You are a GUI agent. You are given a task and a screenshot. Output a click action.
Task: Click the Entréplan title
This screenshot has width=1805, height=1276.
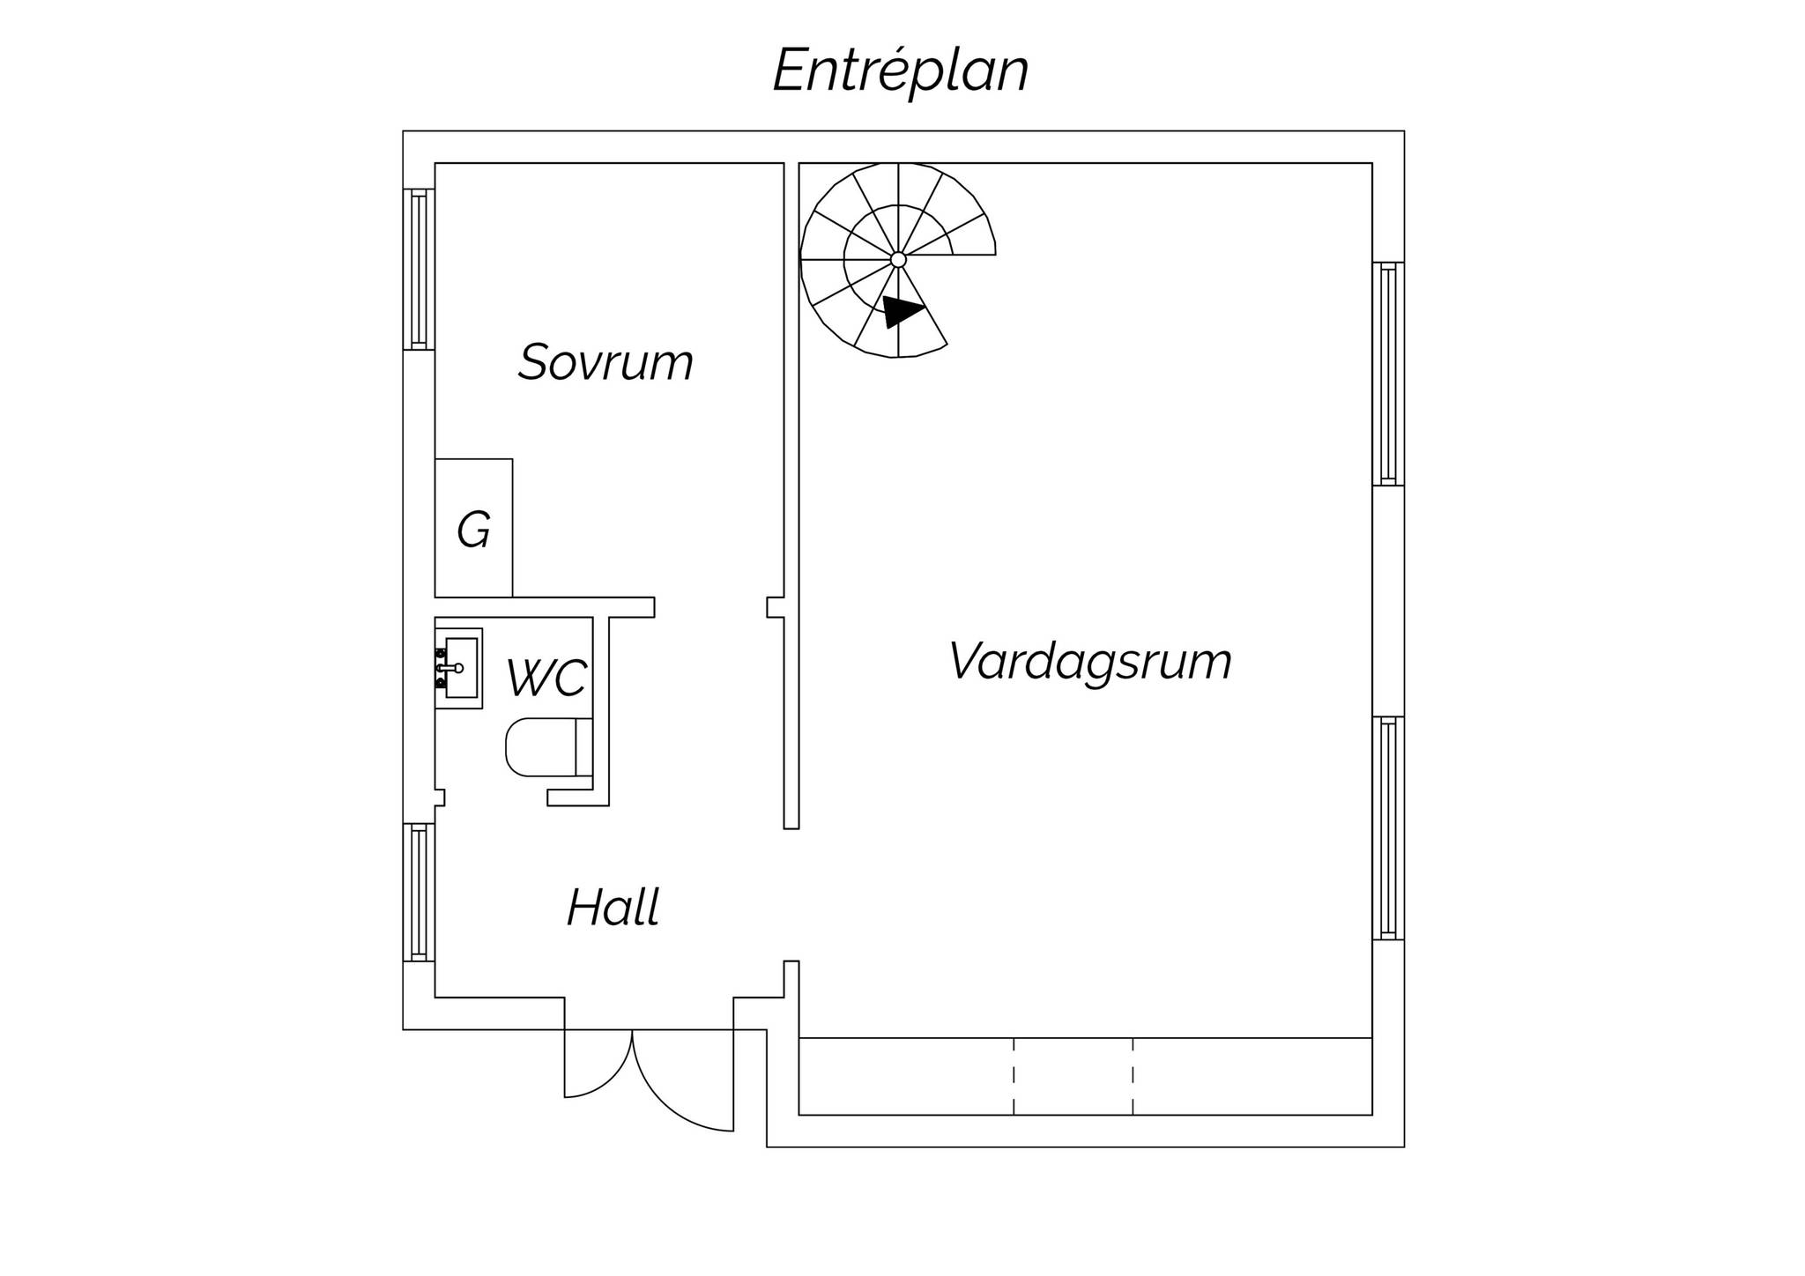901,70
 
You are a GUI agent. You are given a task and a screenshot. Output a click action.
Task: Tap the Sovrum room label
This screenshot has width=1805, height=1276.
605,362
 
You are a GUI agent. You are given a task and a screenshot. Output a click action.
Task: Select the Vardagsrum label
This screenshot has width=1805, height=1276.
1090,661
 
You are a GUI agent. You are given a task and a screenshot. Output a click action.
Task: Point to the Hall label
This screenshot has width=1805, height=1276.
613,908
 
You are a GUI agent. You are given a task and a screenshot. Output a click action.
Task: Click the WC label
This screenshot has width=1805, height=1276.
546,678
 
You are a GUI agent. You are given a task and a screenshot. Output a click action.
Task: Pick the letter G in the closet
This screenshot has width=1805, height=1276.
473,530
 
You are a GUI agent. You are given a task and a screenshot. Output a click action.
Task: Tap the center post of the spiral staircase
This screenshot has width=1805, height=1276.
898,259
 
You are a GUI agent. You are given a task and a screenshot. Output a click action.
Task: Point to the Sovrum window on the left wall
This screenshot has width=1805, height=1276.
419,269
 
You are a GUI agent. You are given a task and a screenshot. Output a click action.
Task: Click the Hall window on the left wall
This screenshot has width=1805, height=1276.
419,892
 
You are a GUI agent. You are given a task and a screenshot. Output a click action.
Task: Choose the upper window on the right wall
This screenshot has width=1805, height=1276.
1388,374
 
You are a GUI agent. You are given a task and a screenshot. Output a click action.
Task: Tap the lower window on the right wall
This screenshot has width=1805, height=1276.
1388,828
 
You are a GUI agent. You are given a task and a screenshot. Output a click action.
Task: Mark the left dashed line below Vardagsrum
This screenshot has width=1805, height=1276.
1014,1076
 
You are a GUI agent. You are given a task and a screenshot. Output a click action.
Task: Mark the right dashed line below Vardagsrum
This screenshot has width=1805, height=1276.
1133,1076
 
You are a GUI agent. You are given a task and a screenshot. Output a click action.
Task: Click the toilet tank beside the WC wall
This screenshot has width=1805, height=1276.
583,747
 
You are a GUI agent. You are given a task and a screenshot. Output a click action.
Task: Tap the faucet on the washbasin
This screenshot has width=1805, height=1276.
449,668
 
